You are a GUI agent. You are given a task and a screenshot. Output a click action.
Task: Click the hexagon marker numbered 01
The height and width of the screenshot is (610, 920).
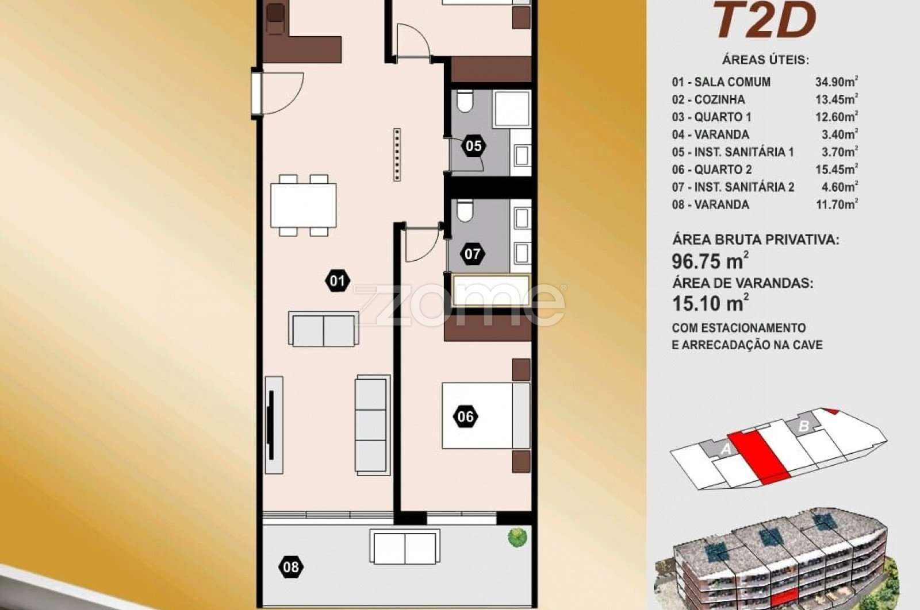pyautogui.click(x=337, y=281)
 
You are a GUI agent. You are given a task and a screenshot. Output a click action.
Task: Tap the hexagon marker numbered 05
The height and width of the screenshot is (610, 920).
pyautogui.click(x=474, y=146)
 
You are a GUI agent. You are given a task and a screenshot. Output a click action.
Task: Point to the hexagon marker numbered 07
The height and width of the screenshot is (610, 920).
pyautogui.click(x=472, y=254)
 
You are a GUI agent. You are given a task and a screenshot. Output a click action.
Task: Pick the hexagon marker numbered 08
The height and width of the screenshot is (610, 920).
pyautogui.click(x=291, y=567)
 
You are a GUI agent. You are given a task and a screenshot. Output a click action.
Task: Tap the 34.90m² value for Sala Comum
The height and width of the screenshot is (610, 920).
pyautogui.click(x=837, y=82)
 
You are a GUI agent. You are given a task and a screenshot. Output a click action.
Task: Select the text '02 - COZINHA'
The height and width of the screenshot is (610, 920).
pyautogui.click(x=708, y=99)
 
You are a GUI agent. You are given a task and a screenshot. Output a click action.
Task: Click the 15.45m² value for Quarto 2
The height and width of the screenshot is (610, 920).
pyautogui.click(x=837, y=169)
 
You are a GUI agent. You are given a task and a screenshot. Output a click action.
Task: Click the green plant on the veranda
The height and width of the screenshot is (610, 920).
pyautogui.click(x=517, y=538)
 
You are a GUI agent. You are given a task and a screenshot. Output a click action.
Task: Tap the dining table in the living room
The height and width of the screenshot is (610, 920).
pyautogui.click(x=304, y=205)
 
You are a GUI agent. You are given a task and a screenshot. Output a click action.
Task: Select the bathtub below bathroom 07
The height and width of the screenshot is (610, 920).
pyautogui.click(x=491, y=291)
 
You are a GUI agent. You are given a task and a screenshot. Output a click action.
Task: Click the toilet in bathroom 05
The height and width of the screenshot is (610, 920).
pyautogui.click(x=465, y=101)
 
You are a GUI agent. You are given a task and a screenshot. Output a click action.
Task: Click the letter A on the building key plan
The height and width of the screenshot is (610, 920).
pyautogui.click(x=726, y=450)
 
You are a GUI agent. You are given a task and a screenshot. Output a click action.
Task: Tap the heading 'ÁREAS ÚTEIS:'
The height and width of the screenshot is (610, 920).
pyautogui.click(x=765, y=60)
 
